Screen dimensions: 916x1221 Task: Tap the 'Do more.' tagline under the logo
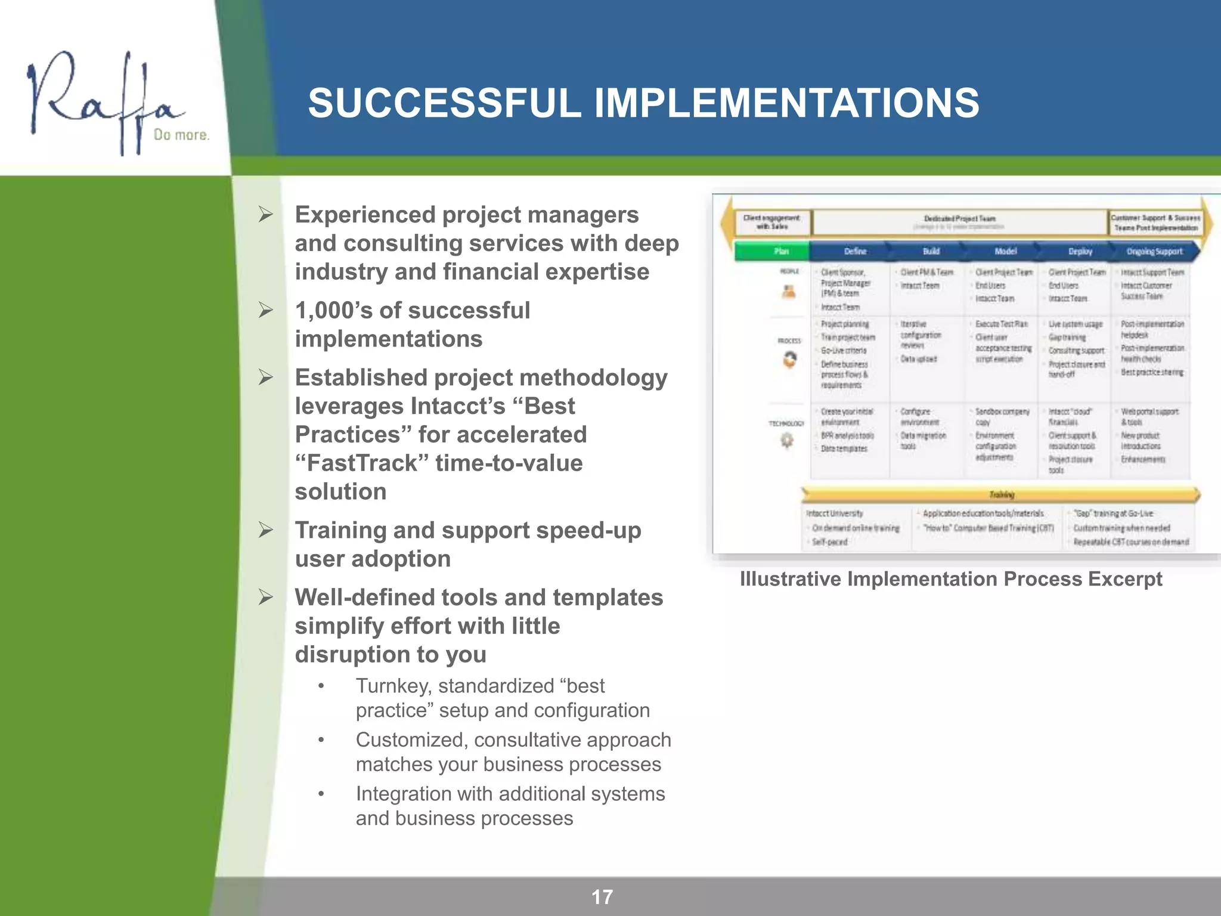click(181, 135)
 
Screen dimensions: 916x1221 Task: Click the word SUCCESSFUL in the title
click(444, 103)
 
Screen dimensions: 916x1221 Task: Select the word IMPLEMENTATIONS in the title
click(786, 103)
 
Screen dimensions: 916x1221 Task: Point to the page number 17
click(602, 897)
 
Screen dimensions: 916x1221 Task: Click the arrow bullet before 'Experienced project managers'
click(266, 215)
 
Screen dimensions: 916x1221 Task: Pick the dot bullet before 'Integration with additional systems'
click(321, 794)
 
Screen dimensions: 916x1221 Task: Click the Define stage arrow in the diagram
click(854, 252)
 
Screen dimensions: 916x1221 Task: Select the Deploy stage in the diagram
click(1079, 252)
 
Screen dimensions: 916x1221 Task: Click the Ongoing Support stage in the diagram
click(1154, 252)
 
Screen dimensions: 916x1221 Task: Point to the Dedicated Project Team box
click(959, 222)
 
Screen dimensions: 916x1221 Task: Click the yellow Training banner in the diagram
click(1001, 494)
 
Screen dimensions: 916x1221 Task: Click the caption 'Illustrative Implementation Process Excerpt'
click(950, 579)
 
